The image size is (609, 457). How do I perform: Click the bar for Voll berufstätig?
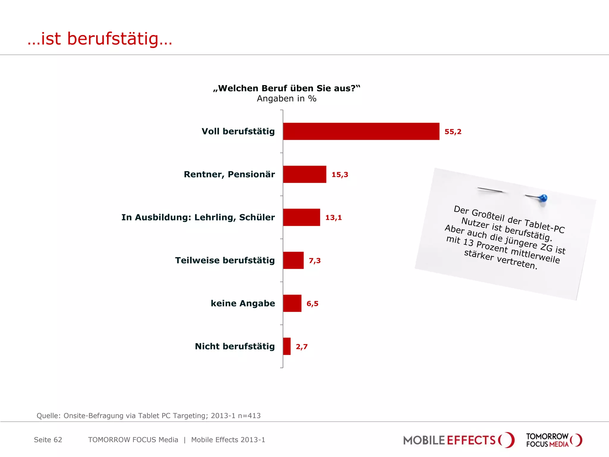(x=361, y=131)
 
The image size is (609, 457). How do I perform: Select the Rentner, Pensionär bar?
(x=304, y=174)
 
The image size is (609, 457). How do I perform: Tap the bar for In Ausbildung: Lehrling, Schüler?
(x=302, y=217)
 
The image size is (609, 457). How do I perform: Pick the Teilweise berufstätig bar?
(x=293, y=260)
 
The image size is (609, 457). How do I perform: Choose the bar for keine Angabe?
(x=292, y=303)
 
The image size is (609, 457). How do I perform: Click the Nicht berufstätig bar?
(x=287, y=346)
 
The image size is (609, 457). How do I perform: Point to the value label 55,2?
(x=453, y=132)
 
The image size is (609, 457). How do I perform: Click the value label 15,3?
(x=340, y=175)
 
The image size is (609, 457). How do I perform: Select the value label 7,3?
(x=315, y=261)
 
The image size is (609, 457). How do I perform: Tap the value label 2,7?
(x=302, y=347)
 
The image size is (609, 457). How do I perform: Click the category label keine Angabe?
(x=243, y=303)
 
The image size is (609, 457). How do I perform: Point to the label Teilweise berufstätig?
(x=225, y=260)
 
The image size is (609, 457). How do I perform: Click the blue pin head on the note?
(x=543, y=198)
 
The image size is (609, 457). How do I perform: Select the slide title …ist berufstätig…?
(x=100, y=39)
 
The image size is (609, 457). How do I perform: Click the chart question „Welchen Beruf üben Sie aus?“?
(x=287, y=88)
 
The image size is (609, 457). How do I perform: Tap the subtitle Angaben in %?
(x=287, y=98)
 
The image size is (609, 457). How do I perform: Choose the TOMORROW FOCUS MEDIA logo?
(x=554, y=440)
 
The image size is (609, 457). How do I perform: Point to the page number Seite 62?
(x=48, y=440)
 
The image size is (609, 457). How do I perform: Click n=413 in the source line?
(x=249, y=416)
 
